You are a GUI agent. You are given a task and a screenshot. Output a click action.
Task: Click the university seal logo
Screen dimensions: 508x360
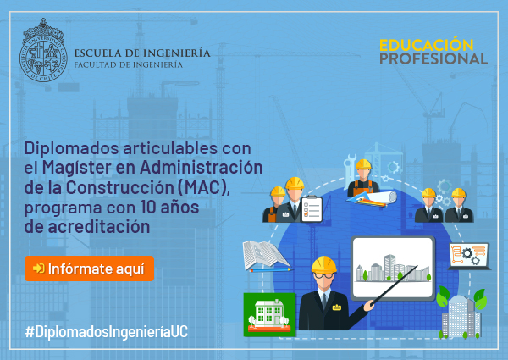(x=43, y=51)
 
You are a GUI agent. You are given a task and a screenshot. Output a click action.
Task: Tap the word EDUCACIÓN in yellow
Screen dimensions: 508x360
(x=427, y=45)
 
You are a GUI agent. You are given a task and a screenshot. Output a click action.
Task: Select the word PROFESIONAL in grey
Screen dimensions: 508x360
(x=433, y=58)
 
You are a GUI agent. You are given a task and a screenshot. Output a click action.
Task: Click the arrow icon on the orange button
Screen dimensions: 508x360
(x=39, y=269)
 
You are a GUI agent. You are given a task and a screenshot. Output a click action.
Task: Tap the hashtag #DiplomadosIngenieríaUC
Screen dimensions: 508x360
(x=107, y=332)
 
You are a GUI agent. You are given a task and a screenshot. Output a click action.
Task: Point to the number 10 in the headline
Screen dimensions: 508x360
(x=148, y=207)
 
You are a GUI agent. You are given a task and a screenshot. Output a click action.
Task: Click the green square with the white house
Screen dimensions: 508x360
(x=269, y=314)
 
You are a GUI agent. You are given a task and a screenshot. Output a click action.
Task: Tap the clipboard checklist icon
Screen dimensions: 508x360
(x=312, y=209)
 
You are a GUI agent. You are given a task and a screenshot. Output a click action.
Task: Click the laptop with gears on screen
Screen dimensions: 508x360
(x=469, y=257)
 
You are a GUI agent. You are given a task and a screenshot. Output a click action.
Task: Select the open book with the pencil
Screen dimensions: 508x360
(x=267, y=256)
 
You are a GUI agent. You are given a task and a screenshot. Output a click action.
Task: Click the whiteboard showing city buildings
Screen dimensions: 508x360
(x=393, y=268)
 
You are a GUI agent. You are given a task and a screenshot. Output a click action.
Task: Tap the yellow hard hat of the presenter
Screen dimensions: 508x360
(x=323, y=264)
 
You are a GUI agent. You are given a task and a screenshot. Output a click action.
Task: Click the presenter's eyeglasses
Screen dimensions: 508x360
(x=323, y=276)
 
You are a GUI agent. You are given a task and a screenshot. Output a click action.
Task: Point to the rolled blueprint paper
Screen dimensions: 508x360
(x=383, y=197)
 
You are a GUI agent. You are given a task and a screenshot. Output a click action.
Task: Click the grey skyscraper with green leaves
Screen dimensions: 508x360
(x=461, y=313)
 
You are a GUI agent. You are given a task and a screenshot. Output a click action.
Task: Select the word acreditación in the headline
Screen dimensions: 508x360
(x=99, y=226)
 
